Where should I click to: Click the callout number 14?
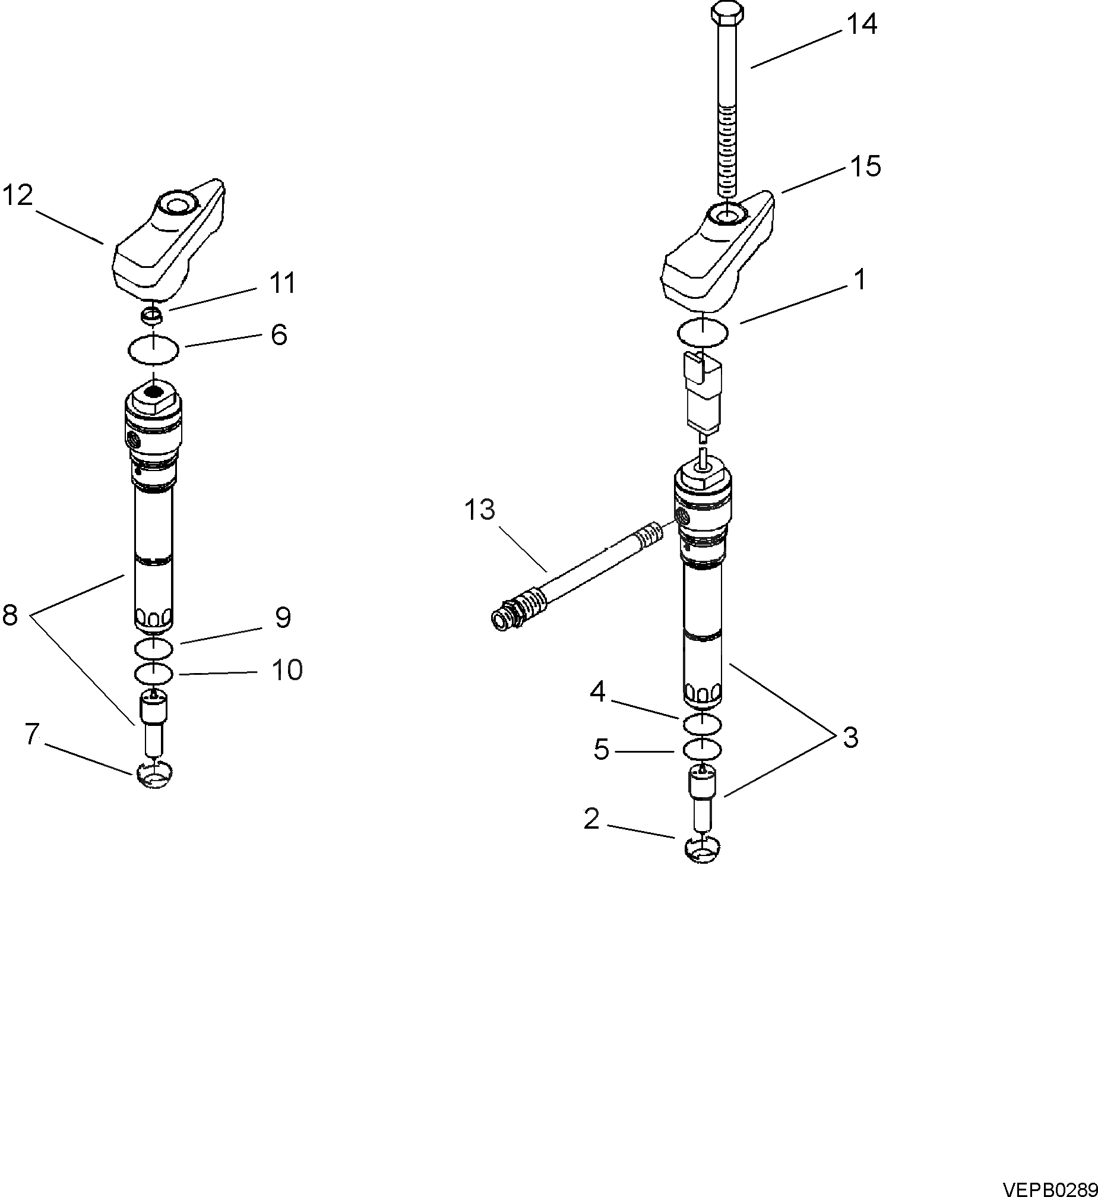[x=862, y=24]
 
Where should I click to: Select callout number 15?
[x=865, y=166]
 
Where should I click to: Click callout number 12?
[x=17, y=195]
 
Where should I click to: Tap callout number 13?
[x=479, y=510]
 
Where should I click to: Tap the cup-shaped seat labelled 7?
[x=154, y=775]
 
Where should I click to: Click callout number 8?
[x=10, y=616]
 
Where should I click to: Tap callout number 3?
[x=851, y=738]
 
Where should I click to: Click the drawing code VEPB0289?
[x=1049, y=1189]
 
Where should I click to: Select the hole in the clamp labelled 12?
[x=176, y=206]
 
